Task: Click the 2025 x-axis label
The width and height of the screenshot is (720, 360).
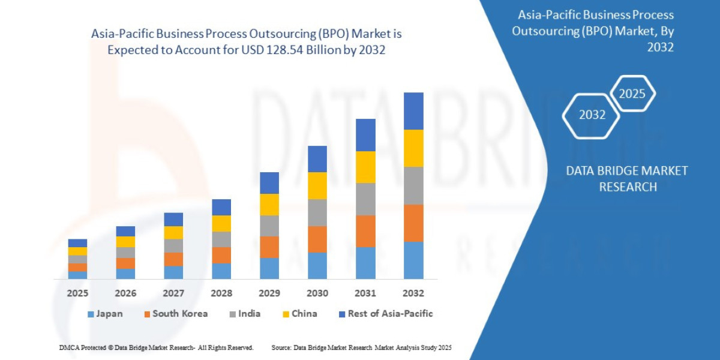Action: (77, 293)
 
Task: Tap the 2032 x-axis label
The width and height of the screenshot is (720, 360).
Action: (413, 293)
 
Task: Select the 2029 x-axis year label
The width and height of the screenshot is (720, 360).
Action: (269, 293)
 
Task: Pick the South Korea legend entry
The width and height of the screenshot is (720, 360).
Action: (175, 314)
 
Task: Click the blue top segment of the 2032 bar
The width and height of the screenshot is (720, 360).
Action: (413, 111)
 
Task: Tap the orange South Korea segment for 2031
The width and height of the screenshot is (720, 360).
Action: (365, 231)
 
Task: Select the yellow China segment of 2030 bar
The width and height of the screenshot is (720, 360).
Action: (317, 185)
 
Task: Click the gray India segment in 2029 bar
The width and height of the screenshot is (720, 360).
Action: (269, 226)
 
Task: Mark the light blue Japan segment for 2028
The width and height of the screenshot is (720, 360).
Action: (221, 271)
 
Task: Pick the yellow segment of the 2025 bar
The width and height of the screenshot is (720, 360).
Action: (77, 251)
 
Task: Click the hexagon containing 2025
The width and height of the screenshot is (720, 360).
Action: (632, 94)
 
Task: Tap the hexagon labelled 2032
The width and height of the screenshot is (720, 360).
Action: (592, 115)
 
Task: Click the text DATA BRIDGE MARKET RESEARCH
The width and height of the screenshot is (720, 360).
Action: (627, 179)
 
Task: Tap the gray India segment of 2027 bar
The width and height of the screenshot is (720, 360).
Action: (173, 246)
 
